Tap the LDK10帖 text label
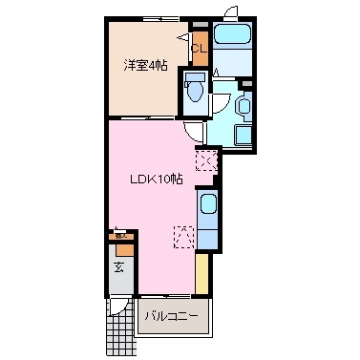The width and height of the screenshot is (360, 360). pyautogui.click(x=157, y=179)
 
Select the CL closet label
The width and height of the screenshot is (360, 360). pyautogui.click(x=199, y=49)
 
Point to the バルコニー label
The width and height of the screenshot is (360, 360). pyautogui.click(x=171, y=314)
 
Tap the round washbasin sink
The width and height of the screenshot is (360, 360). pyautogui.click(x=242, y=105)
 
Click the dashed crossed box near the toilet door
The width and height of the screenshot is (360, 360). pyautogui.click(x=205, y=160)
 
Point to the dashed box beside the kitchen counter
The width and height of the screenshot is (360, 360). pyautogui.click(x=185, y=235)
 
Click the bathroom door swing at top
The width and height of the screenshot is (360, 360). pyautogui.click(x=230, y=12)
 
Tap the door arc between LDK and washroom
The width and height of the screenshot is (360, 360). pyautogui.click(x=195, y=134)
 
